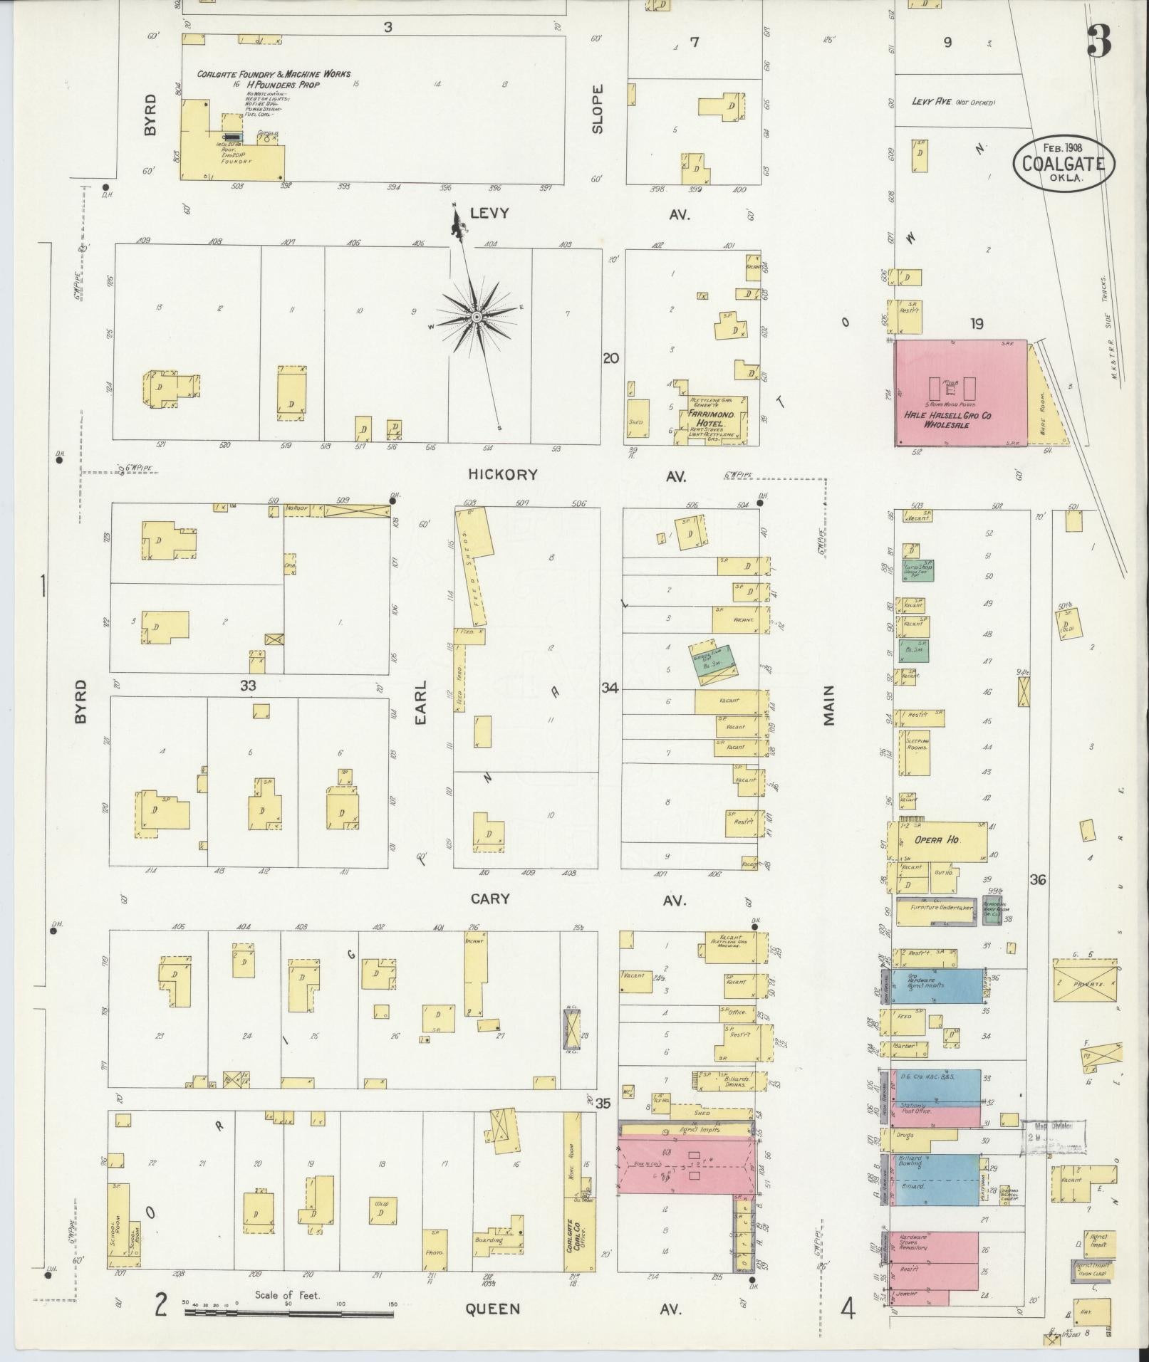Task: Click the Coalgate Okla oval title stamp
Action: coord(1063,162)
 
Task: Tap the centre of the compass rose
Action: coord(475,315)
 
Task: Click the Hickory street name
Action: coord(503,475)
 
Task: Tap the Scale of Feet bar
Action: coord(288,1311)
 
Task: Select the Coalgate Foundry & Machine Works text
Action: coord(274,74)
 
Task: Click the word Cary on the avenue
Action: coord(490,899)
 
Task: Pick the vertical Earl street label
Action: coord(420,702)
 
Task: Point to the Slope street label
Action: coord(597,108)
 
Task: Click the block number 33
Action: coord(247,686)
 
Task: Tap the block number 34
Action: coord(610,688)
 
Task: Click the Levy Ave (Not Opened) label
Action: coord(953,103)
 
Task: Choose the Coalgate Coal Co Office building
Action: coord(572,1231)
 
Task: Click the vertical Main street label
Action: coord(828,705)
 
